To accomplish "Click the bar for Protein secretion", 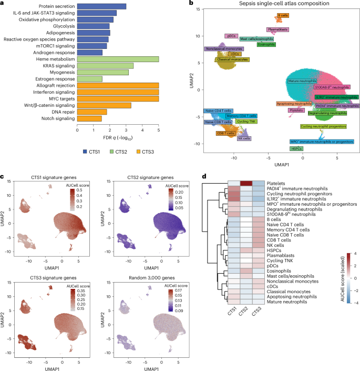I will coord(101,6).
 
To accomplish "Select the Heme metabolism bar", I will coord(117,59).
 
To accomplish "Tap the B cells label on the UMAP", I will coord(283,16).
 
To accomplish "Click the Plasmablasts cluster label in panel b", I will coord(277,29).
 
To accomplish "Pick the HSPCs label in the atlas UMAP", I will coord(295,149).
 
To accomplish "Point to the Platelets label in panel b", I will coord(296,111).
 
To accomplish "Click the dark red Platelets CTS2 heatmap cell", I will coord(246,183).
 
